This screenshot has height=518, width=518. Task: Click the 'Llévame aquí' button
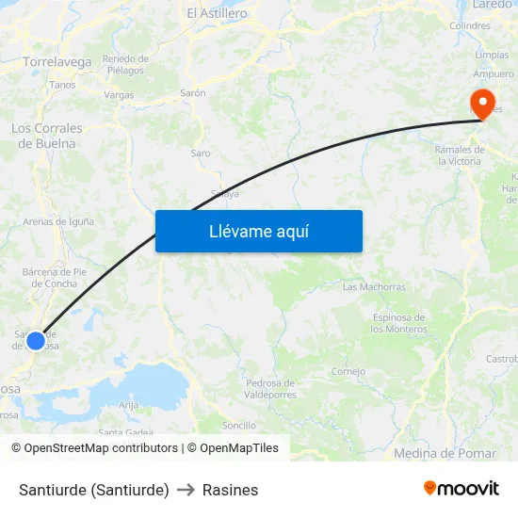(x=258, y=231)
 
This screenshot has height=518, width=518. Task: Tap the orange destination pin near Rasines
(x=483, y=103)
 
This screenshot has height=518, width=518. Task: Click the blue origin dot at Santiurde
(x=36, y=340)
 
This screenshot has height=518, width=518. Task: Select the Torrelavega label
(x=57, y=62)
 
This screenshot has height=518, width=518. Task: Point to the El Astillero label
(x=217, y=13)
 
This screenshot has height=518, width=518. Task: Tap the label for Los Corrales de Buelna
(x=46, y=136)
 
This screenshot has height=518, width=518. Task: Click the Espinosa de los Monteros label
(x=398, y=323)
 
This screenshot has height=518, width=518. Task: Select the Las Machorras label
(x=374, y=286)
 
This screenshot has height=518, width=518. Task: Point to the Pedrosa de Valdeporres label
(x=269, y=388)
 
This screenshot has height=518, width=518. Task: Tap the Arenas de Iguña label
(x=58, y=222)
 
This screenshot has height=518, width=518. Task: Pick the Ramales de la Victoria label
(x=458, y=155)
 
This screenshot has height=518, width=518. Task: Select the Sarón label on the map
(x=193, y=94)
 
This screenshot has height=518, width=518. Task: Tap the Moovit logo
(x=461, y=488)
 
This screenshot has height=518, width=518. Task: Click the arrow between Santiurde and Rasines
(x=186, y=490)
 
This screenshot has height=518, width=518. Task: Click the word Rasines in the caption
(x=230, y=490)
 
